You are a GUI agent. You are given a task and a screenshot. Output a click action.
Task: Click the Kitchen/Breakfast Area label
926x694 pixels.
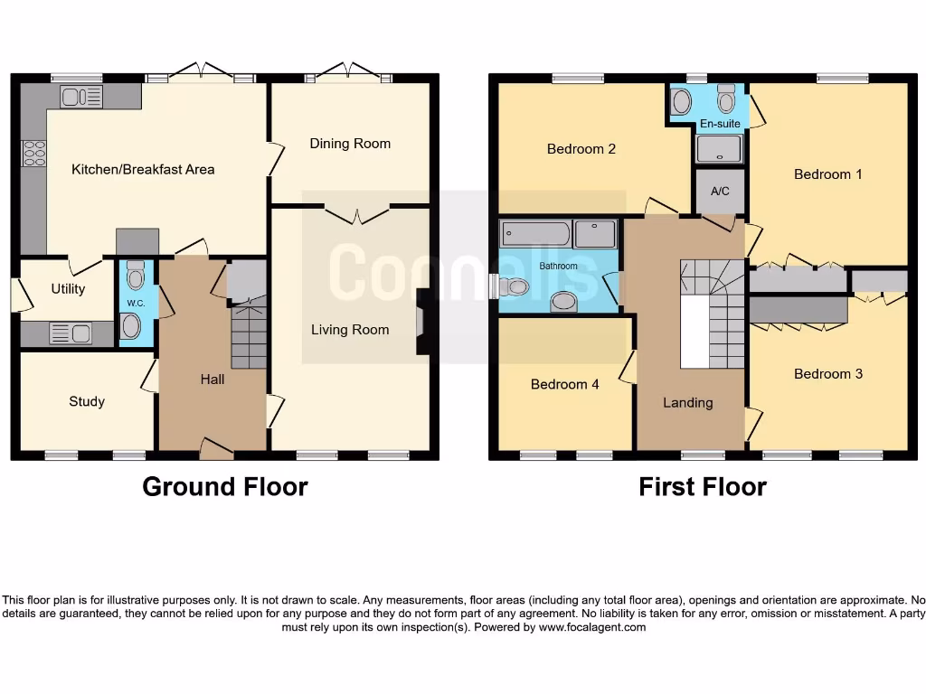[143, 169]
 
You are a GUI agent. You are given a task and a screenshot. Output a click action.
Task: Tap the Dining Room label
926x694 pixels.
[350, 143]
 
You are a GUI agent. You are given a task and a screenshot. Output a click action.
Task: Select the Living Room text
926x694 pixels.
[350, 329]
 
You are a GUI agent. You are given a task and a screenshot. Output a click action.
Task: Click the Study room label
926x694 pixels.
[87, 401]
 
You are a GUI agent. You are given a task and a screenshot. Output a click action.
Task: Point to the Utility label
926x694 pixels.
[68, 288]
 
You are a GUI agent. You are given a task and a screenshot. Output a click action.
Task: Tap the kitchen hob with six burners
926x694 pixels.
[34, 154]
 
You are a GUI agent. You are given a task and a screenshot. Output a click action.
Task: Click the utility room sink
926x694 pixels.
[70, 333]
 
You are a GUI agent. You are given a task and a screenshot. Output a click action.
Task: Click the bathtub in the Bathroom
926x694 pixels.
[535, 235]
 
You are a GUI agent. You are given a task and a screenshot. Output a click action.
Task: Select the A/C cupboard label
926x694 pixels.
[720, 192]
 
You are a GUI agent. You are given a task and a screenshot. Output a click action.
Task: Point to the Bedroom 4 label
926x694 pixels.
[564, 384]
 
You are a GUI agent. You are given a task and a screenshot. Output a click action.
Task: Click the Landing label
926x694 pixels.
[687, 402]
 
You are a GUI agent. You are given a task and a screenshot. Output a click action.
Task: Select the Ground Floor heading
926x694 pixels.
[225, 487]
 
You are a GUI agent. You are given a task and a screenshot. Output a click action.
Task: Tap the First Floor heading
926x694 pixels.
[703, 487]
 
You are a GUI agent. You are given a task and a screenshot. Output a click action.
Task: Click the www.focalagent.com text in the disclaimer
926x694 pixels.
[592, 627]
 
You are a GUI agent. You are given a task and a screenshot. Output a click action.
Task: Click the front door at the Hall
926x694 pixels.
[214, 445]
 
